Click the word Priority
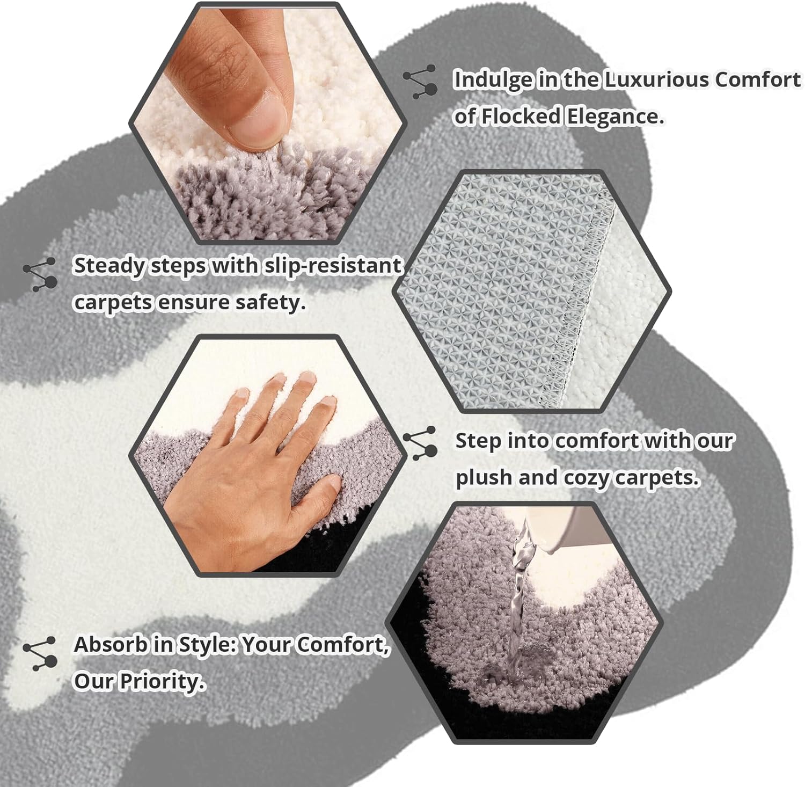tap(162, 681)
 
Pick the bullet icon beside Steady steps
tap(40, 274)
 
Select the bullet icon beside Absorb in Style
tap(40, 654)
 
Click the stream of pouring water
tap(517, 601)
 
